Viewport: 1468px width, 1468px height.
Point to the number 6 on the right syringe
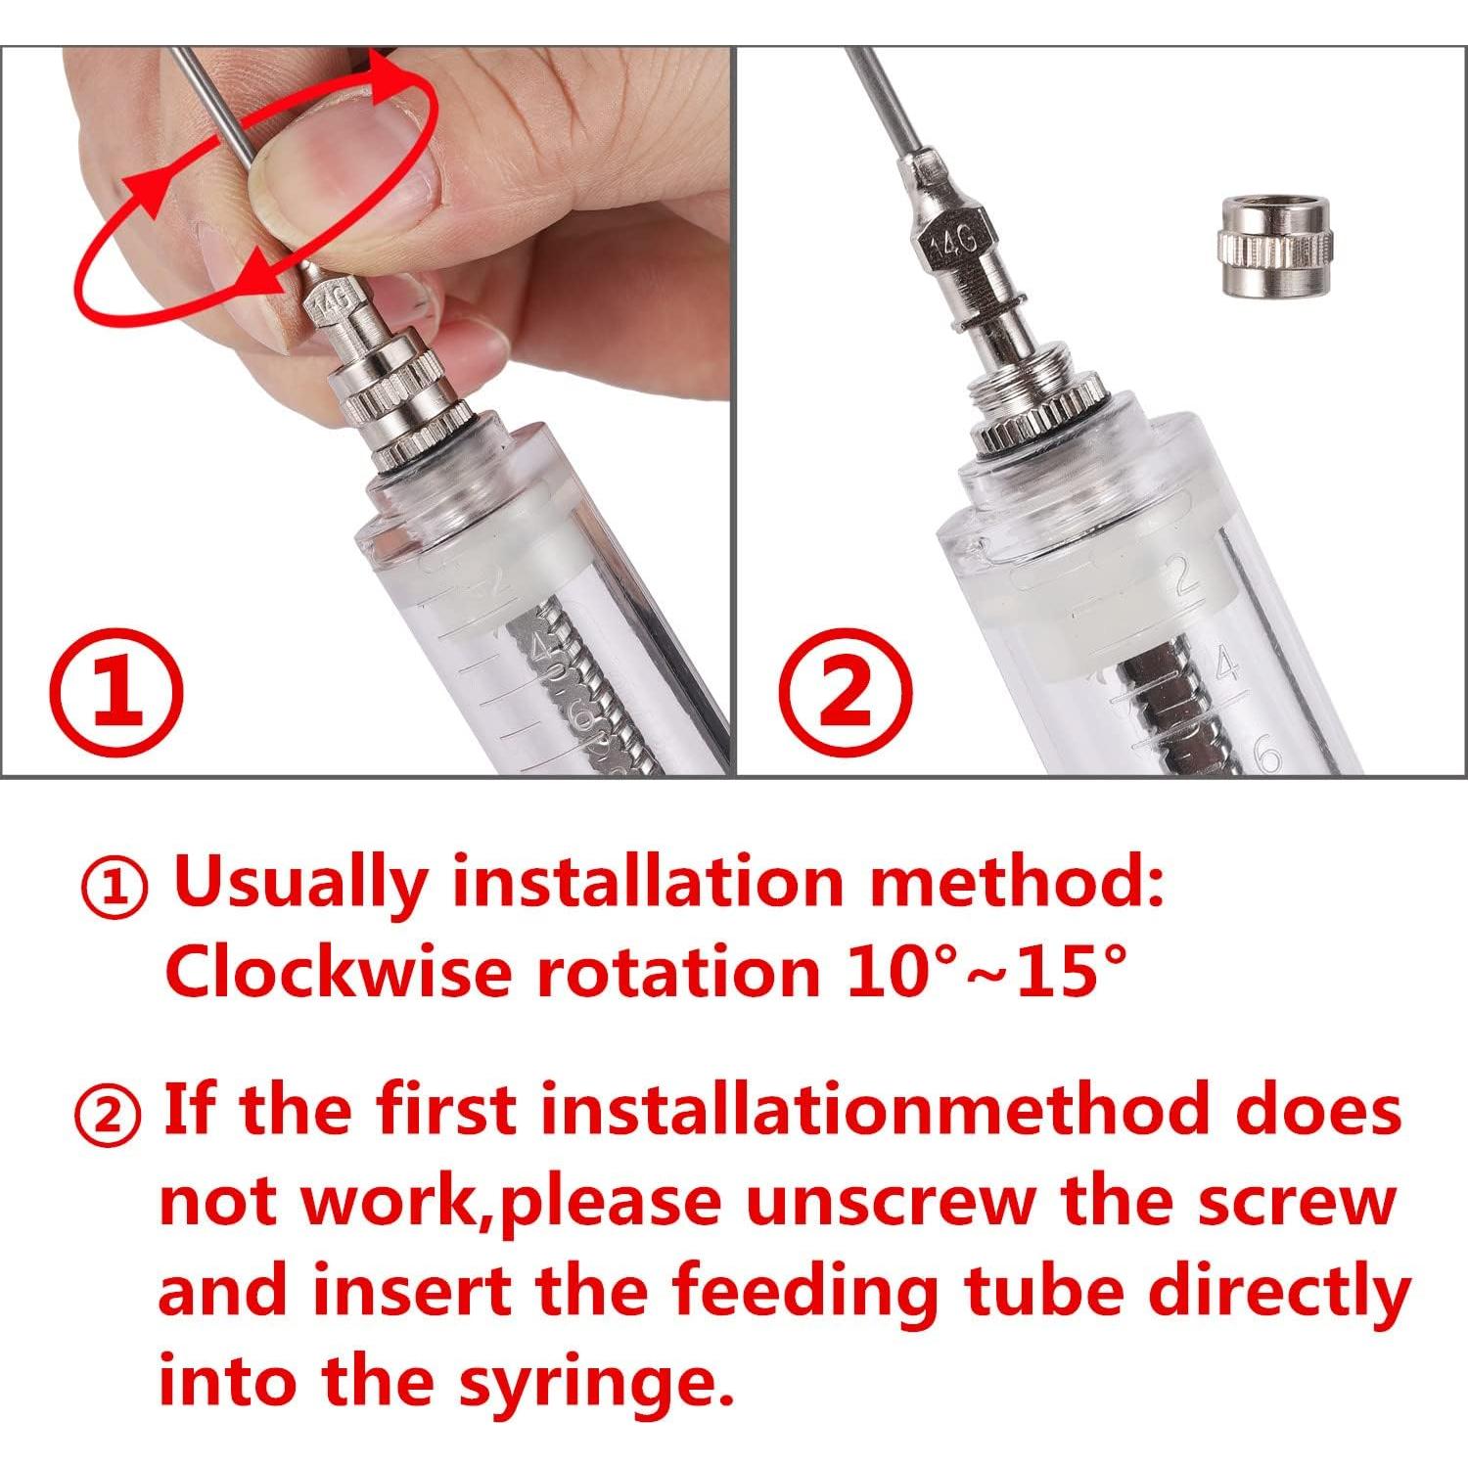pos(1268,758)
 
